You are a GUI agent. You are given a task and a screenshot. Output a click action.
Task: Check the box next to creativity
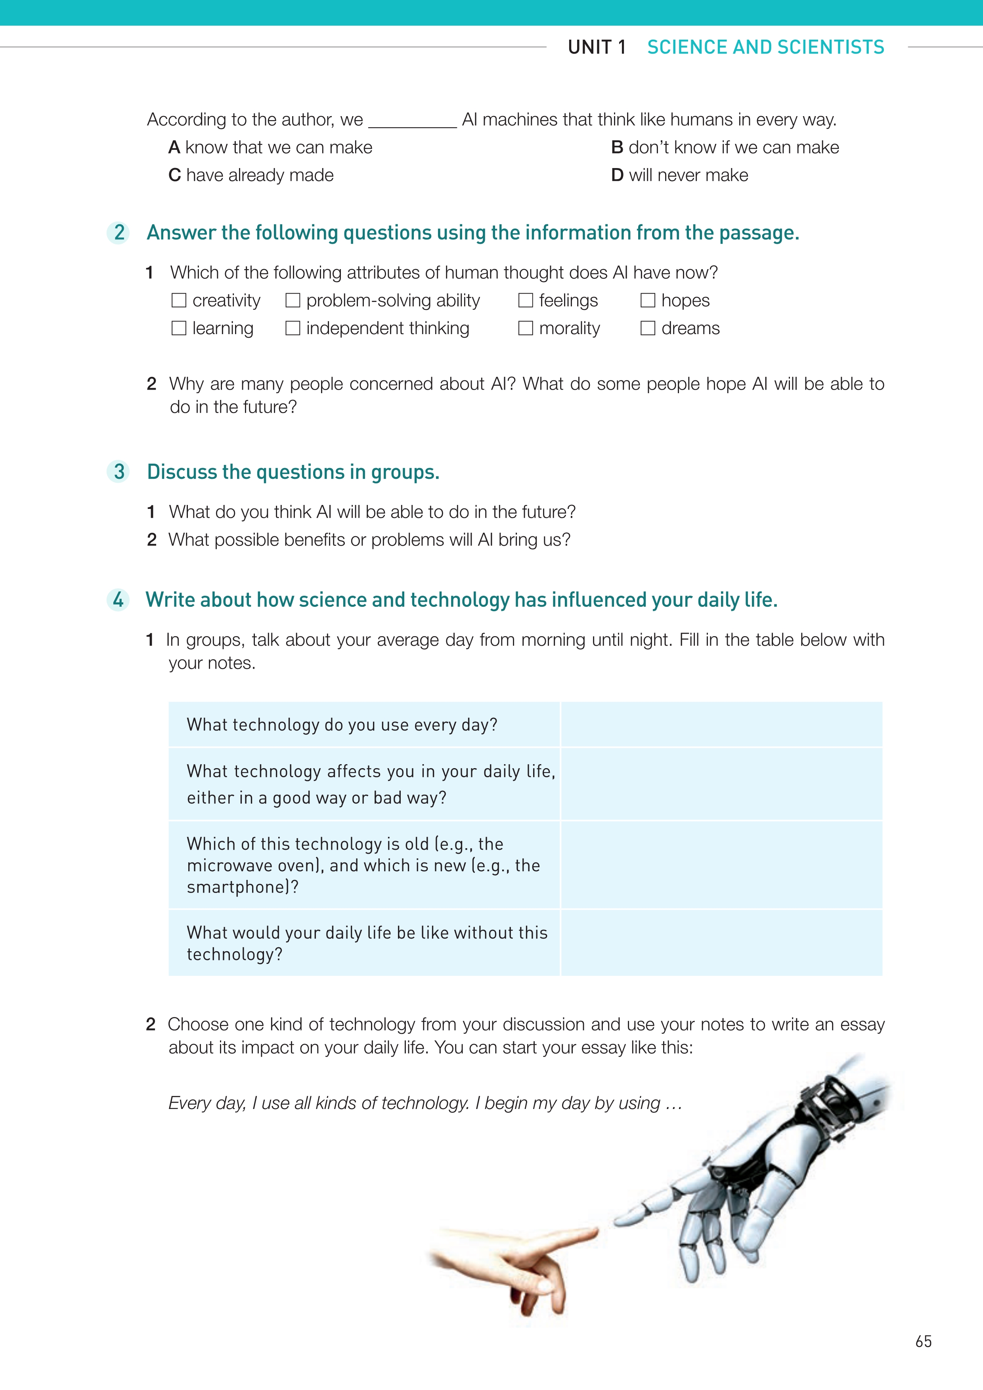point(178,300)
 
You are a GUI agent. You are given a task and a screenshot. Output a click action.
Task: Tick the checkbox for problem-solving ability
point(293,300)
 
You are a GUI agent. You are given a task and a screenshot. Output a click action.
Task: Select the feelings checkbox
point(526,300)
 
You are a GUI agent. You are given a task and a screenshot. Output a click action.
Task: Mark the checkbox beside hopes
point(648,300)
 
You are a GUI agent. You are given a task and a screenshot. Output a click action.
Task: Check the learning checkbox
point(178,328)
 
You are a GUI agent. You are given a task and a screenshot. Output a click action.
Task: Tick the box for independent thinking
point(293,328)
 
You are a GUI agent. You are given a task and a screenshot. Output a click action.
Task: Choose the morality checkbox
point(526,328)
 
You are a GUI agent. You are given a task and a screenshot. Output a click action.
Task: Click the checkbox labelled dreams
point(648,328)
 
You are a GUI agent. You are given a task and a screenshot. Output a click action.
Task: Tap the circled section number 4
point(118,599)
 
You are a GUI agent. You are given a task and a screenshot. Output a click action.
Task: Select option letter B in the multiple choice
point(617,147)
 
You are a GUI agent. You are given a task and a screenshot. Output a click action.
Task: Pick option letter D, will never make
point(617,175)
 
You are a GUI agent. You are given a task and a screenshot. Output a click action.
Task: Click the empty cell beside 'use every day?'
point(721,725)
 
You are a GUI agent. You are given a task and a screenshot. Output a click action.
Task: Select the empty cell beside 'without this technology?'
point(721,943)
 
